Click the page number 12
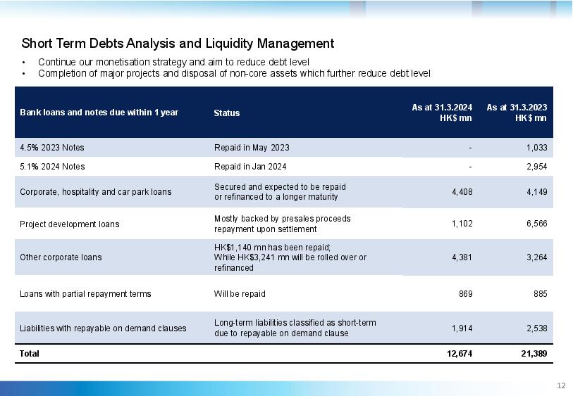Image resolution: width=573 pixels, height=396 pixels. click(x=561, y=385)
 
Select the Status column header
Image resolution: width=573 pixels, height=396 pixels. click(x=226, y=113)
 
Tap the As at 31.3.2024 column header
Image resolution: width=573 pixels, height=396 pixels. click(x=442, y=113)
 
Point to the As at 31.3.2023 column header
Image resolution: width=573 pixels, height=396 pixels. click(x=517, y=113)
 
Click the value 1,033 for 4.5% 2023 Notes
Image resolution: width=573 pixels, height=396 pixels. click(x=537, y=148)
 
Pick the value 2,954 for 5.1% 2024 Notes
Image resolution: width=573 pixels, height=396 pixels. click(x=537, y=167)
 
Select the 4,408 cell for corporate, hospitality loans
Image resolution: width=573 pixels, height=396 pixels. click(x=462, y=192)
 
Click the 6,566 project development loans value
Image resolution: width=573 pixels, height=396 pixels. click(x=537, y=224)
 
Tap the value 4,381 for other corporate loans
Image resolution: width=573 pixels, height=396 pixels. click(x=462, y=257)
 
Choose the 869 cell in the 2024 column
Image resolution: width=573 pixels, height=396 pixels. click(x=466, y=294)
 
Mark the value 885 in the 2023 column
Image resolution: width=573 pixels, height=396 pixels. click(x=540, y=294)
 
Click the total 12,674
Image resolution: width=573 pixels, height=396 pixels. click(x=460, y=354)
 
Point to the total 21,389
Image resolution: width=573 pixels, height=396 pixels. click(x=534, y=354)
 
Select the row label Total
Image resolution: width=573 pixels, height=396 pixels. click(x=29, y=354)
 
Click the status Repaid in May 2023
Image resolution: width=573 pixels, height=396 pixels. click(x=252, y=148)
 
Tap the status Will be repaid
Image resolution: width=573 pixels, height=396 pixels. click(x=240, y=294)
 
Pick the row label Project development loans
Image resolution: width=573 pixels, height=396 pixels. click(x=70, y=224)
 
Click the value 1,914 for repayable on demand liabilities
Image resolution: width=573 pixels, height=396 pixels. click(x=462, y=328)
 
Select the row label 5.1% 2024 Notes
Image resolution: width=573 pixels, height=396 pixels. click(x=52, y=167)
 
